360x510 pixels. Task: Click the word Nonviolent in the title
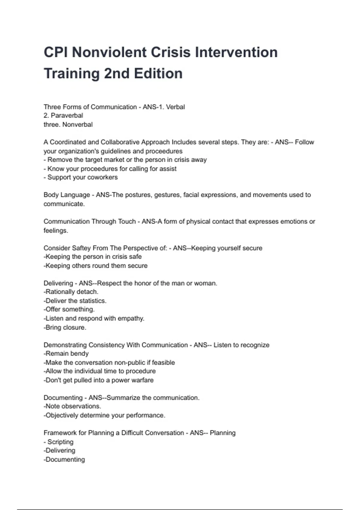pyautogui.click(x=109, y=52)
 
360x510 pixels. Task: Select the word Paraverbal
pyautogui.click(x=67, y=115)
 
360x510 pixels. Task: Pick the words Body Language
pyautogui.click(x=67, y=195)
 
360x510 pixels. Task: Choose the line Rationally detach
pyautogui.click(x=71, y=292)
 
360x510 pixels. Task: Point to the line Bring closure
pyautogui.click(x=65, y=327)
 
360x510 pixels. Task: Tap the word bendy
pyautogui.click(x=79, y=354)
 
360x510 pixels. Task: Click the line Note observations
pyautogui.click(x=72, y=406)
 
